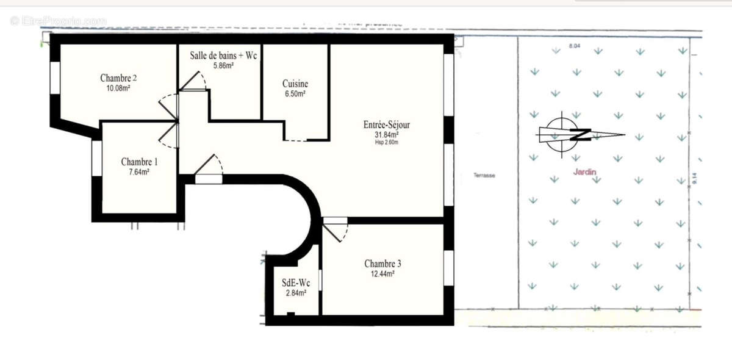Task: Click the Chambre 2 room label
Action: pyautogui.click(x=118, y=78)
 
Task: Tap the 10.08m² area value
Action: pyautogui.click(x=118, y=88)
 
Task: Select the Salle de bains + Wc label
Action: pyautogui.click(x=224, y=55)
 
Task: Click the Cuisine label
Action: pyautogui.click(x=295, y=84)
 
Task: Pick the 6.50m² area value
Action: pyautogui.click(x=295, y=94)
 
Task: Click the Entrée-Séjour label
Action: pyautogui.click(x=387, y=124)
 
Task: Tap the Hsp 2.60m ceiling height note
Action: pyautogui.click(x=387, y=142)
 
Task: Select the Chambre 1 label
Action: pyautogui.click(x=139, y=162)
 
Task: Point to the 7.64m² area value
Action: pyautogui.click(x=139, y=172)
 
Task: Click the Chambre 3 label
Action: pyautogui.click(x=382, y=264)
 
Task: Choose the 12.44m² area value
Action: pyautogui.click(x=382, y=274)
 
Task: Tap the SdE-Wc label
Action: pyautogui.click(x=296, y=283)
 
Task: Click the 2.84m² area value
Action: pyautogui.click(x=296, y=293)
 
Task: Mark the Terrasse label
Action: pyautogui.click(x=484, y=176)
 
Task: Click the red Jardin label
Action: pyautogui.click(x=584, y=172)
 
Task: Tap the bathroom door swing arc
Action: pyautogui.click(x=196, y=81)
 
